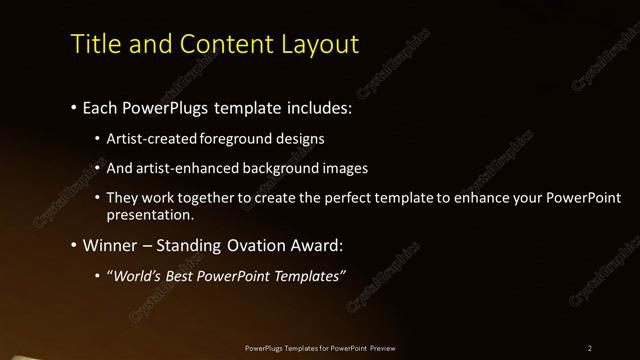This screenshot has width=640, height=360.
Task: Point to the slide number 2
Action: tap(590, 348)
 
